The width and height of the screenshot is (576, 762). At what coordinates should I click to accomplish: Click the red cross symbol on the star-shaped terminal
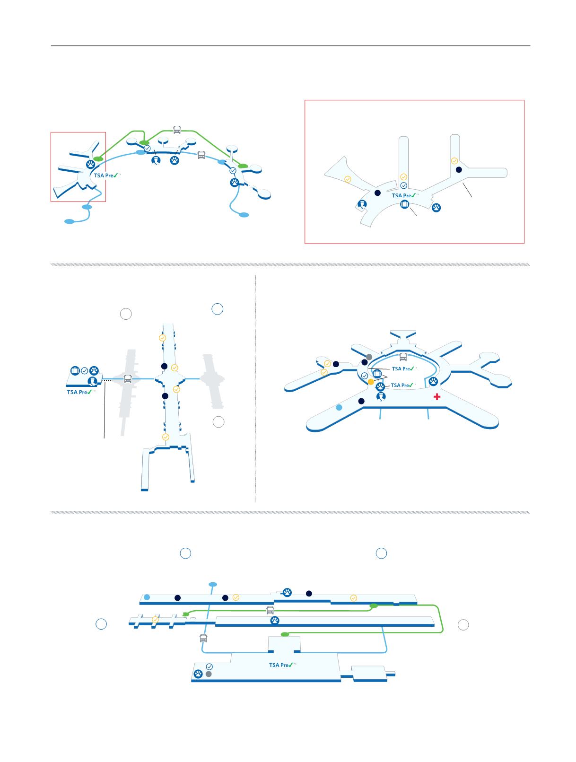pyautogui.click(x=437, y=397)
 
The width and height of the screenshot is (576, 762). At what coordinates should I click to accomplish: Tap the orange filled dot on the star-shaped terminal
pyautogui.click(x=371, y=382)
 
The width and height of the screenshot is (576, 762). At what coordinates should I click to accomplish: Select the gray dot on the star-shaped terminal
pyautogui.click(x=369, y=356)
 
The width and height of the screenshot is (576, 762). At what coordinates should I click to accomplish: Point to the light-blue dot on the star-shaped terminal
pyautogui.click(x=339, y=407)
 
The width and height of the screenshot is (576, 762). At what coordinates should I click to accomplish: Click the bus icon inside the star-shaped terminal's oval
pyautogui.click(x=403, y=357)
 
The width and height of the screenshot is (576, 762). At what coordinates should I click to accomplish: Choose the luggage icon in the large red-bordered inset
pyautogui.click(x=404, y=204)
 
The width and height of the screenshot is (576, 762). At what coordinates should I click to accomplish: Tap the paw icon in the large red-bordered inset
pyautogui.click(x=436, y=207)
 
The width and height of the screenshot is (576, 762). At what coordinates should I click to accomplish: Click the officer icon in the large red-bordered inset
pyautogui.click(x=362, y=204)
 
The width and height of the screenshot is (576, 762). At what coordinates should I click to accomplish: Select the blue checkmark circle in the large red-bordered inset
pyautogui.click(x=403, y=185)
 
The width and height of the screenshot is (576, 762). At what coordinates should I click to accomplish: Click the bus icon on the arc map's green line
pyautogui.click(x=177, y=129)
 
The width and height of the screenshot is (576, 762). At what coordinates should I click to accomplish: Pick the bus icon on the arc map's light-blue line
pyautogui.click(x=201, y=154)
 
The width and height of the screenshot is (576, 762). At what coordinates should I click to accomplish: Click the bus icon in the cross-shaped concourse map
pyautogui.click(x=128, y=378)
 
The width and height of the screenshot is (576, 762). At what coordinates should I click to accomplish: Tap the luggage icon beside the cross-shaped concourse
pyautogui.click(x=75, y=370)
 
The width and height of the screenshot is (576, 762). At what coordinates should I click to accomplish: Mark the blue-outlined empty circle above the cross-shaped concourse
pyautogui.click(x=217, y=309)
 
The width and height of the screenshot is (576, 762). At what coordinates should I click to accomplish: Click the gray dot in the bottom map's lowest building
pyautogui.click(x=209, y=674)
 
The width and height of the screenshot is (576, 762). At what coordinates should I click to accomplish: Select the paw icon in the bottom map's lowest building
pyautogui.click(x=199, y=674)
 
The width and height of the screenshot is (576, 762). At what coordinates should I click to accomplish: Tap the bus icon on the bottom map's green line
pyautogui.click(x=270, y=610)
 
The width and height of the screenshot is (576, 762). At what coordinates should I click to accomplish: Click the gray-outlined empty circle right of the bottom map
pyautogui.click(x=463, y=625)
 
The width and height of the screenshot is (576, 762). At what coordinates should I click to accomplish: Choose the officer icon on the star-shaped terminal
pyautogui.click(x=381, y=396)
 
